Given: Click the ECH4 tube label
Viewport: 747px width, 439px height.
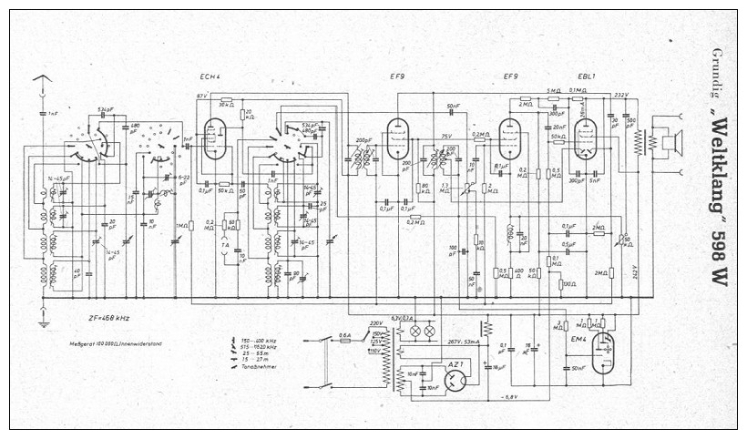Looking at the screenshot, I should (x=210, y=77).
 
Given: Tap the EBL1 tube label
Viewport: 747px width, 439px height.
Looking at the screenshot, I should (x=586, y=77).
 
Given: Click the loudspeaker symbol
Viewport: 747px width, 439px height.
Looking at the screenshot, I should (x=671, y=141).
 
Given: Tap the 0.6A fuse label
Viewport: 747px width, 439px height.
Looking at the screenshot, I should (x=345, y=335).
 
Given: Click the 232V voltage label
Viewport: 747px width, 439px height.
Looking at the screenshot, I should (x=622, y=95).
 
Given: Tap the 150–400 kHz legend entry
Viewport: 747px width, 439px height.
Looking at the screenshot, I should (x=259, y=339).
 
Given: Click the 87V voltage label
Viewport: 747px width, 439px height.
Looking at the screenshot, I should (x=202, y=96).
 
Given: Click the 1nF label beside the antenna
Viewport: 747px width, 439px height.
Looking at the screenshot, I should (x=53, y=113).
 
